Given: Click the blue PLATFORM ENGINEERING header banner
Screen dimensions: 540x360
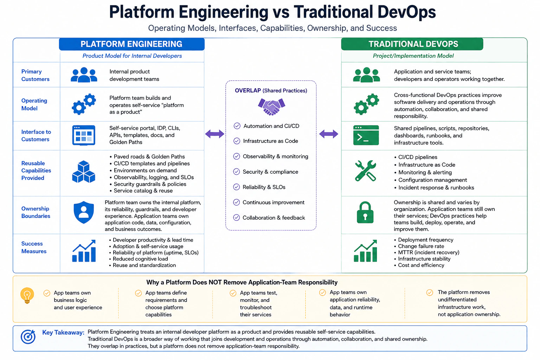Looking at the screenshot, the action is [131, 44].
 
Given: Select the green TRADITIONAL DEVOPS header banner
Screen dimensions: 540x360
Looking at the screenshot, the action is [412, 44].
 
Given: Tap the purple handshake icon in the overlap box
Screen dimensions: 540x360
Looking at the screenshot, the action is [271, 107].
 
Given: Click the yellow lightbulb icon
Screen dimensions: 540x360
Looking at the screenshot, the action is [27, 295].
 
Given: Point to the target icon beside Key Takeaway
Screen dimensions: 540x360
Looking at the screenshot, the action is [28, 336].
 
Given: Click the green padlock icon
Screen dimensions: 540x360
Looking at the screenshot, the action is [365, 212].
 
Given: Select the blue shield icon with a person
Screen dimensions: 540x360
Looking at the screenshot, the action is [84, 212].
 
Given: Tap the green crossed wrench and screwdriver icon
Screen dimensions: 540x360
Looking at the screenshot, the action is [366, 171].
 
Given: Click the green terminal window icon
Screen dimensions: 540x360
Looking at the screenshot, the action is [366, 135].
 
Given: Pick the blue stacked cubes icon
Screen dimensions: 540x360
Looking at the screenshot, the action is [84, 172].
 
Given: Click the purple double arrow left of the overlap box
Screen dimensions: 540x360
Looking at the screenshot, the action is [214, 134].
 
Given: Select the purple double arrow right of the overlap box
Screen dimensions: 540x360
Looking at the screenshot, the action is [329, 134].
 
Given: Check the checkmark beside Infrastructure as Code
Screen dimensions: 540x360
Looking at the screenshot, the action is [237, 141].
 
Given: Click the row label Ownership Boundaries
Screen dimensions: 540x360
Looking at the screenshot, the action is [36, 212].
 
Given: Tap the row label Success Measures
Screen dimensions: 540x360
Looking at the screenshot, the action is [34, 247].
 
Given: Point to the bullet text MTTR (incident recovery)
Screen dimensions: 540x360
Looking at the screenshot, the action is [429, 252].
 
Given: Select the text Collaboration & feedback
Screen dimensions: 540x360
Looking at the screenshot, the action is [274, 218].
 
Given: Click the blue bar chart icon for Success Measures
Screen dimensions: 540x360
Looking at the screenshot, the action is [84, 251].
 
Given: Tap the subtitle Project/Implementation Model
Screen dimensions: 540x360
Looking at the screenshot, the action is [413, 56].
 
